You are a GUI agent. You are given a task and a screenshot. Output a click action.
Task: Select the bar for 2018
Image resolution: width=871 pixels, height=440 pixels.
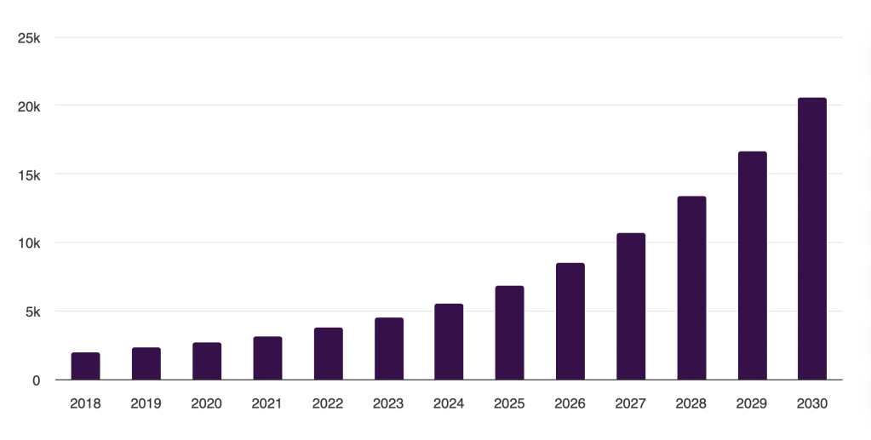tap(85, 366)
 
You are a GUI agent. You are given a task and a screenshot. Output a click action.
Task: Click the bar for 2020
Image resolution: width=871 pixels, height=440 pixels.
tap(207, 361)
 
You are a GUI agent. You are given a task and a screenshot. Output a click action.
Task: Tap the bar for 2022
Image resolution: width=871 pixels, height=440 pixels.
tap(328, 353)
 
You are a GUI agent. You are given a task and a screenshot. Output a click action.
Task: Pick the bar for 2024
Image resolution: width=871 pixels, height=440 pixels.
tap(449, 341)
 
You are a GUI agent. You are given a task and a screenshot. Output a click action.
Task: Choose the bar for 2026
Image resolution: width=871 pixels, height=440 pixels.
tap(570, 321)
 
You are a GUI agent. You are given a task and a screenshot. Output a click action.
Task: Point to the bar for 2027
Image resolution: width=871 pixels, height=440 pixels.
tap(631, 306)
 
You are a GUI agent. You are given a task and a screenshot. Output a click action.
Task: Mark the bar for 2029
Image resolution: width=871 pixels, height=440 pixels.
tap(752, 266)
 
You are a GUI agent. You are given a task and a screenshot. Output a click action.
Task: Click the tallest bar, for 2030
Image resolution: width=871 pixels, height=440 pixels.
tap(812, 238)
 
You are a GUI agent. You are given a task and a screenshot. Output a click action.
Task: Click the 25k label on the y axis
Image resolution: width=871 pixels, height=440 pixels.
tap(29, 38)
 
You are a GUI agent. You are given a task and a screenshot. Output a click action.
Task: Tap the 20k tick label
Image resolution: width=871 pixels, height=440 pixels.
tap(29, 106)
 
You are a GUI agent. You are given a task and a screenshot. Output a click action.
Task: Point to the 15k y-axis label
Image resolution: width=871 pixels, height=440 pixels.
tap(29, 174)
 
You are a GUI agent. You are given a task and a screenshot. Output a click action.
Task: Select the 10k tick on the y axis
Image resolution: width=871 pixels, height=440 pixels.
tap(29, 243)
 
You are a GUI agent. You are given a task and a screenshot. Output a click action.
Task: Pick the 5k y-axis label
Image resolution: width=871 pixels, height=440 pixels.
tap(32, 311)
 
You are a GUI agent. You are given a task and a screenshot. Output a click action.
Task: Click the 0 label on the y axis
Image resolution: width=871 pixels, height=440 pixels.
tap(37, 380)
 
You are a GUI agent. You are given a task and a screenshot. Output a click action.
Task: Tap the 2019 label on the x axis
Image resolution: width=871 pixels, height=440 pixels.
tap(146, 403)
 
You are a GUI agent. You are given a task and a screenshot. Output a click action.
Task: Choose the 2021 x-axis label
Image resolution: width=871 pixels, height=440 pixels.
tap(267, 403)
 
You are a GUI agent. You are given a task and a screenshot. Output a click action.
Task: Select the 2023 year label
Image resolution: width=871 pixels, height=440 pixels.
tap(388, 403)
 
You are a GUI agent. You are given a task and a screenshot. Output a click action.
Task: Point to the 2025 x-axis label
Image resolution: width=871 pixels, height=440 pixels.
tap(509, 403)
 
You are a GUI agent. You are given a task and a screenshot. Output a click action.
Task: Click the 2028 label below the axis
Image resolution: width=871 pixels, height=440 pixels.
tap(691, 403)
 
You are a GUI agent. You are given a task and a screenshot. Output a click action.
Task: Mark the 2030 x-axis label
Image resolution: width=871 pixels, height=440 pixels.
tap(812, 403)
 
